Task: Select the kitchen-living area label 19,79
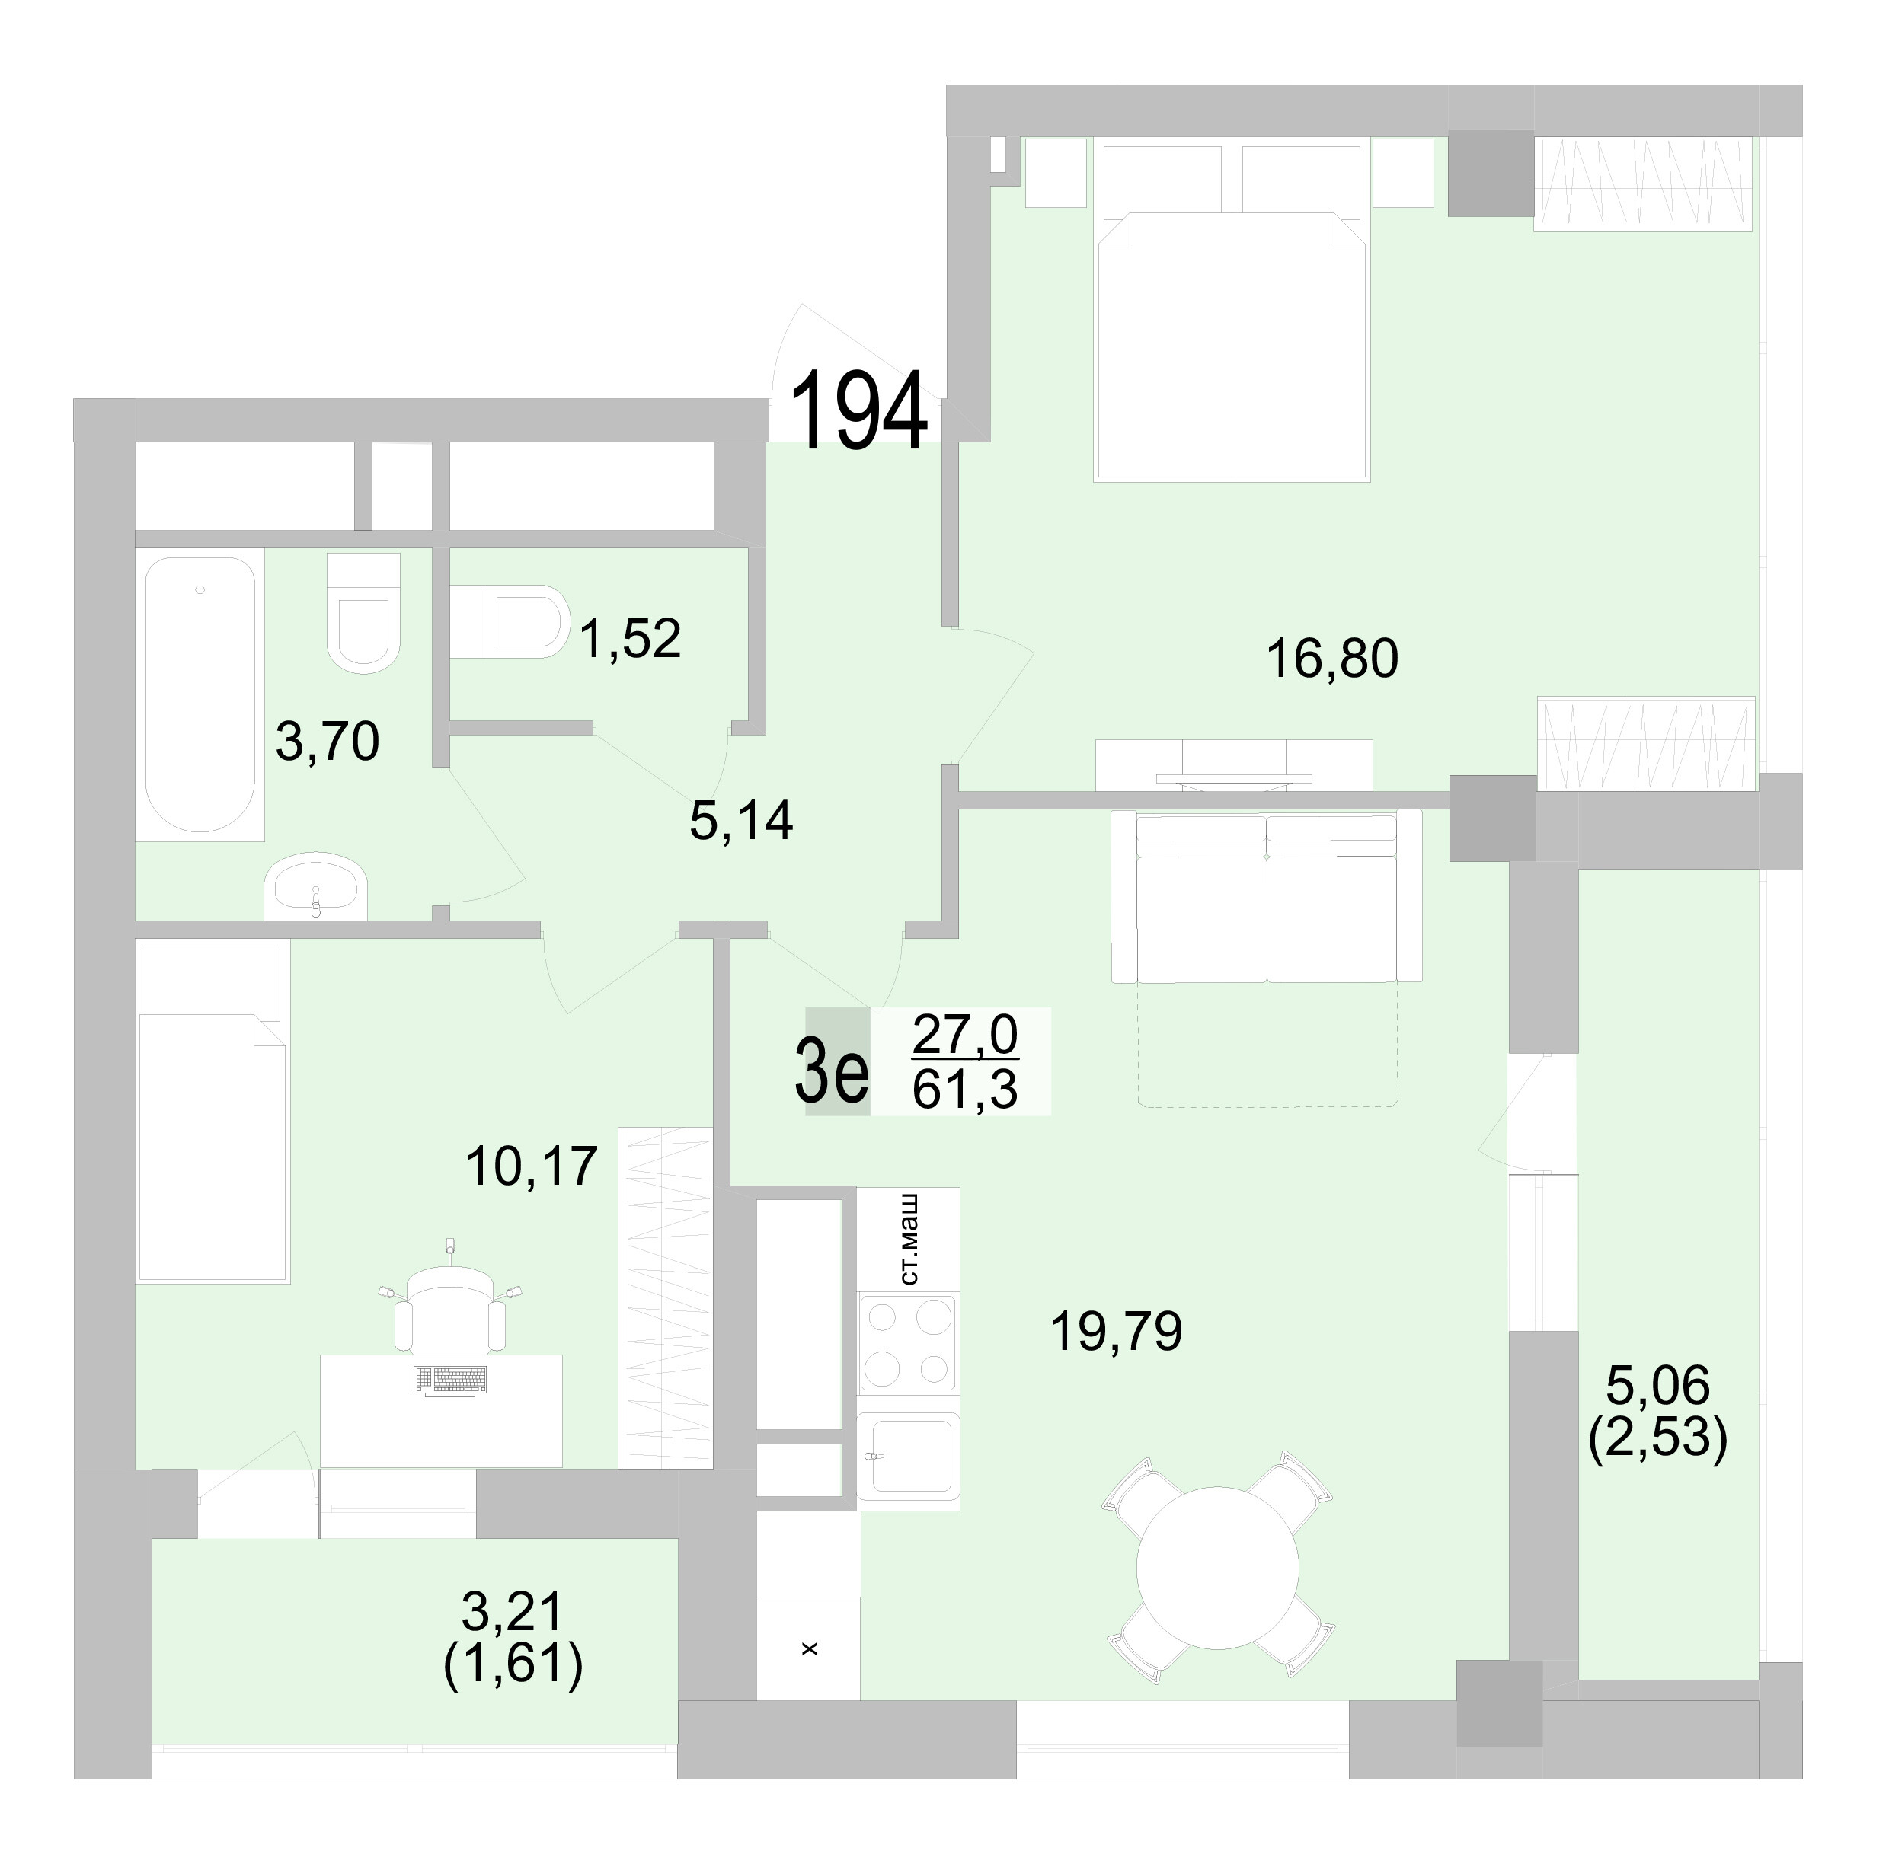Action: (x=1116, y=1331)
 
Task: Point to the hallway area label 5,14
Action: (x=740, y=821)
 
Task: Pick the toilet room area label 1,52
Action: (x=630, y=638)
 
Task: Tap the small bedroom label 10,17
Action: (x=531, y=1166)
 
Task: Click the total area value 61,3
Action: (x=965, y=1090)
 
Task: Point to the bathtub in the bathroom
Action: (x=200, y=694)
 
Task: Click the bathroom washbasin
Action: (x=315, y=889)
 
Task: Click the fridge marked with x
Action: (x=809, y=1648)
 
